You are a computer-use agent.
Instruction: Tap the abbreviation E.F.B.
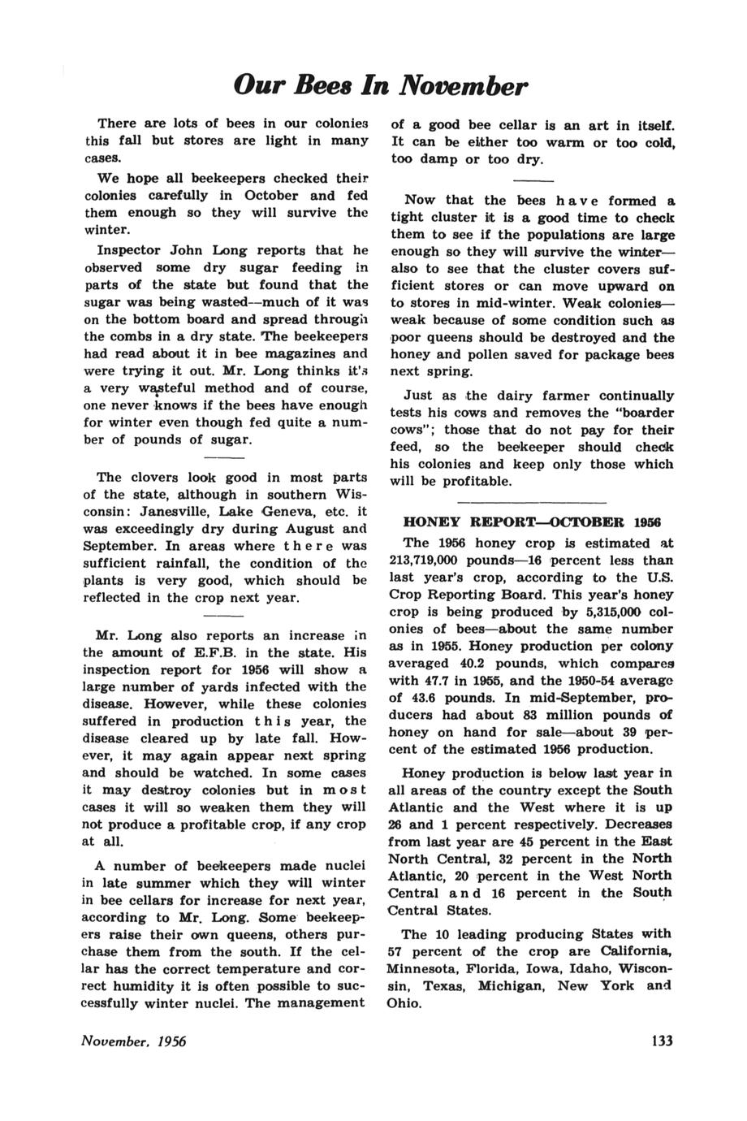[x=217, y=652]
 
